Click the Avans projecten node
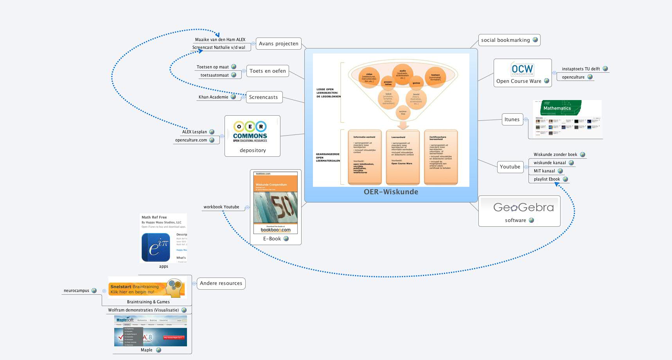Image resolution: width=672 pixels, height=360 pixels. pyautogui.click(x=278, y=44)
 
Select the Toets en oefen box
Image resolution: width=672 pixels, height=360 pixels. pyautogui.click(x=268, y=71)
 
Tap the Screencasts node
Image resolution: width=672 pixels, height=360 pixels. pyautogui.click(x=263, y=97)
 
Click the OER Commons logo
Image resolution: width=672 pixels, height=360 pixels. pyautogui.click(x=250, y=131)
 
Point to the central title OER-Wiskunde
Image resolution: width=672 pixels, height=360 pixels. pyautogui.click(x=391, y=192)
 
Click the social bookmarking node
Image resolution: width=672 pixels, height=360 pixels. pyautogui.click(x=505, y=40)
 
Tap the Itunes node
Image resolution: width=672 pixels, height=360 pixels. pyautogui.click(x=512, y=120)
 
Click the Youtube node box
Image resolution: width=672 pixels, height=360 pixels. pyautogui.click(x=510, y=167)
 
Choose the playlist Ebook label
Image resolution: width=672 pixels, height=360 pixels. pyautogui.click(x=546, y=179)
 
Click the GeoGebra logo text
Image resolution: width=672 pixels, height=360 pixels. pyautogui.click(x=523, y=207)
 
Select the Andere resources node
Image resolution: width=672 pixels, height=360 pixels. pyautogui.click(x=221, y=283)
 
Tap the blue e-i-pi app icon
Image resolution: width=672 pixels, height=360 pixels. pyautogui.click(x=156, y=247)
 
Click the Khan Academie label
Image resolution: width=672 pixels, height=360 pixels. pyautogui.click(x=213, y=97)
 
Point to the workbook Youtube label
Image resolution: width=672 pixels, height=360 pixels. pyautogui.click(x=221, y=207)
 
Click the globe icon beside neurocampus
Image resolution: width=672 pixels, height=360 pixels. pyautogui.click(x=94, y=291)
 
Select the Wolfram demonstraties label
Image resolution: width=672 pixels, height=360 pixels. pyautogui.click(x=143, y=310)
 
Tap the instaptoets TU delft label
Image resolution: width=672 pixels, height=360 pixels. pyautogui.click(x=580, y=69)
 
